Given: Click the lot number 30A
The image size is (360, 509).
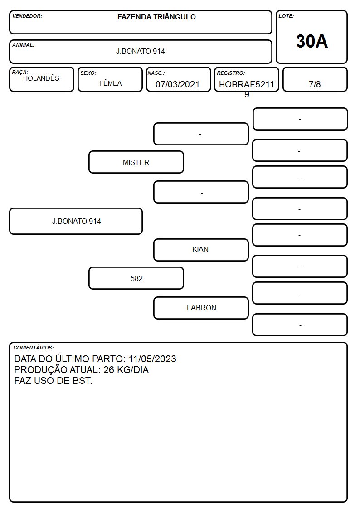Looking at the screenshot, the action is [x=311, y=41].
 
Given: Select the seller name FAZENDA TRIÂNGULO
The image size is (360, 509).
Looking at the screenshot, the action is [x=156, y=17].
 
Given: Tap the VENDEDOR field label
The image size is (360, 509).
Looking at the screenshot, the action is [x=27, y=16].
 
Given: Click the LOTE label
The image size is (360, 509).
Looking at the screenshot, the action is [x=286, y=16].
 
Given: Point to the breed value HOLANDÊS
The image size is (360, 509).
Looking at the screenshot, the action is [x=41, y=78].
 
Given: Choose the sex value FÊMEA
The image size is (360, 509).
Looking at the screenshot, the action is [x=110, y=83].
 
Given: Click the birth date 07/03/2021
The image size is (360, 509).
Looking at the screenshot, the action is [x=178, y=84].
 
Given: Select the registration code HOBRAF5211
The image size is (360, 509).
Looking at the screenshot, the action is [x=247, y=84].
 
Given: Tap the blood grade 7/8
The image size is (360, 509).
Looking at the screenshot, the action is [x=315, y=84].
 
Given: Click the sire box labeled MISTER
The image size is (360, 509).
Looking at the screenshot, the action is [x=136, y=162].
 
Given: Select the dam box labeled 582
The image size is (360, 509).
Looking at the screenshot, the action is [x=136, y=278].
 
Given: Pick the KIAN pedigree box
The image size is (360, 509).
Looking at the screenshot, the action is [x=201, y=250].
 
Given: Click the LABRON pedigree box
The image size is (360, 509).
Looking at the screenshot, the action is [x=201, y=308].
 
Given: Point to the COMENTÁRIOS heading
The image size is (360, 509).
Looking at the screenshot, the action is [x=34, y=348].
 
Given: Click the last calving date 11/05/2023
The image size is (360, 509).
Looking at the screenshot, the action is [x=153, y=359].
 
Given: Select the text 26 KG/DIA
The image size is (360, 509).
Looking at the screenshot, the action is [x=126, y=370].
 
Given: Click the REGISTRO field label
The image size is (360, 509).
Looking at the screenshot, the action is [x=231, y=73].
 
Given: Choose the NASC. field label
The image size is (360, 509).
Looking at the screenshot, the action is [x=156, y=73].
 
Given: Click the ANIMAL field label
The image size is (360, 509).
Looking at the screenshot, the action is [x=24, y=45].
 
